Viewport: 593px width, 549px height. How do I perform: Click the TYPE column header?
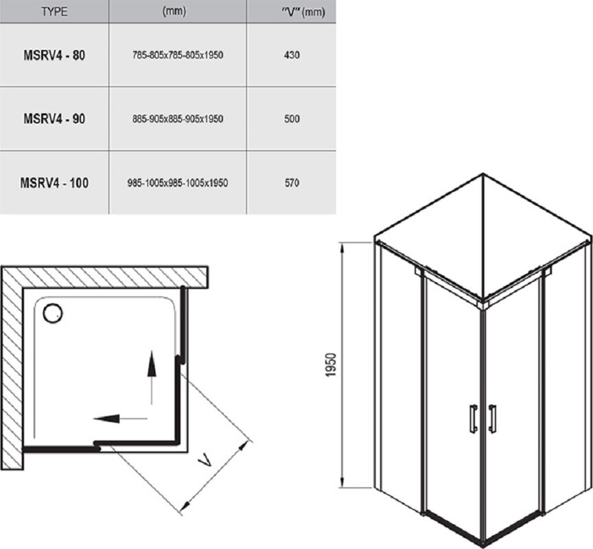[x=54, y=12]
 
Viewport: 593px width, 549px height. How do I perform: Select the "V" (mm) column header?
[x=303, y=12]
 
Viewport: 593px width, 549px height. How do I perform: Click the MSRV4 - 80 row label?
[x=54, y=55]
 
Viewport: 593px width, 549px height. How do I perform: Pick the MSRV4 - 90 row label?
[x=54, y=119]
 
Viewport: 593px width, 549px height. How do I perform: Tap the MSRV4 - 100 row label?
[x=54, y=183]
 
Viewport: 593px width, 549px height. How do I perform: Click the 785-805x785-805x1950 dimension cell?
[x=178, y=55]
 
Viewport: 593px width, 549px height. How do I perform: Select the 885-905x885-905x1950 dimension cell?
[x=178, y=119]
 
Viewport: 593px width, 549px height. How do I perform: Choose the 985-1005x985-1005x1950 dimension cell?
[x=178, y=183]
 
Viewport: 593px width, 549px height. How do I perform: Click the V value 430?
[x=292, y=55]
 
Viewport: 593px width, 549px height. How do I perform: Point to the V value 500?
[x=292, y=119]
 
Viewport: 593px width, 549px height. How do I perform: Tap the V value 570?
[x=292, y=183]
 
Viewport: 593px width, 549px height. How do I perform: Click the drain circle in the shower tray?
[x=53, y=314]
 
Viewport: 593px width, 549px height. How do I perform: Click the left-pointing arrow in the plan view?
[x=120, y=419]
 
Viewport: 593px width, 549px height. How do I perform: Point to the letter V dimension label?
[x=205, y=460]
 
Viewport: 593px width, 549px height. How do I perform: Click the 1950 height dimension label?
[x=331, y=365]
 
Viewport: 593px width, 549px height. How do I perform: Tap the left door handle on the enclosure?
[x=473, y=419]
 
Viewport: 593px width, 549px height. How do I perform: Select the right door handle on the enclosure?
[x=491, y=419]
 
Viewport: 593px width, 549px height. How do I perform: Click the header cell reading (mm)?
[x=174, y=12]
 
